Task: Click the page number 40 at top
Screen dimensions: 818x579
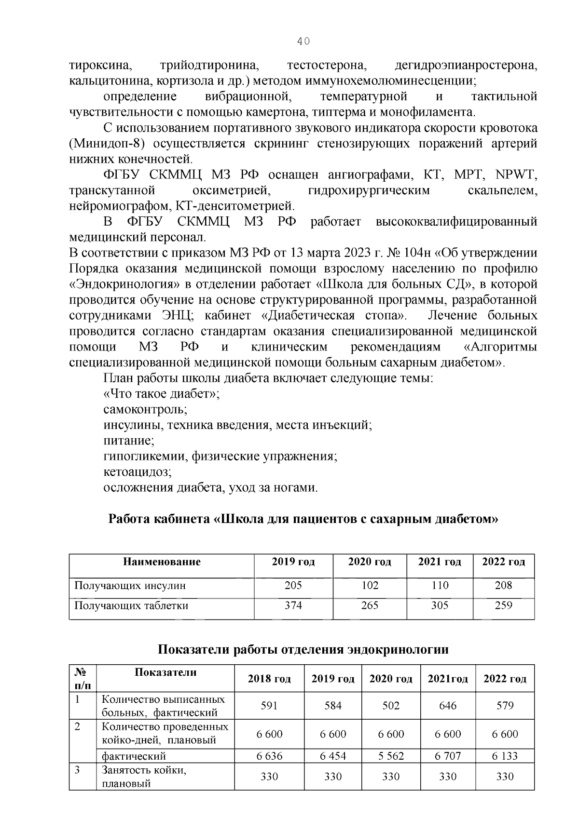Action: click(x=303, y=41)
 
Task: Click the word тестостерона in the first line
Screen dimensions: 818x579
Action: click(x=325, y=66)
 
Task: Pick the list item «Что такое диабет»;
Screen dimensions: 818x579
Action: click(x=162, y=394)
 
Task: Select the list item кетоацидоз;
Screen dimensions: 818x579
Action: click(x=138, y=471)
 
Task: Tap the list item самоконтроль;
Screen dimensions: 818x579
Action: click(x=145, y=410)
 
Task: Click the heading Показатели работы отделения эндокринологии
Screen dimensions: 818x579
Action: click(x=303, y=649)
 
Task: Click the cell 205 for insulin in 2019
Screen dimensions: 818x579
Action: click(x=293, y=585)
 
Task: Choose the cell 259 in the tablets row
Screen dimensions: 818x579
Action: click(x=503, y=605)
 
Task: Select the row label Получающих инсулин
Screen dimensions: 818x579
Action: click(x=130, y=586)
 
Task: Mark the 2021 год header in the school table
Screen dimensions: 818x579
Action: click(x=439, y=562)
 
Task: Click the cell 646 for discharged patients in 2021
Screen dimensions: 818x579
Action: click(x=448, y=706)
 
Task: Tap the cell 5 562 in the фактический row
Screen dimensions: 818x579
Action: click(x=391, y=756)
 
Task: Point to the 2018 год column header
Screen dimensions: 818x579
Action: click(x=269, y=679)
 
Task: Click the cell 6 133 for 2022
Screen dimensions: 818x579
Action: click(x=505, y=756)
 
